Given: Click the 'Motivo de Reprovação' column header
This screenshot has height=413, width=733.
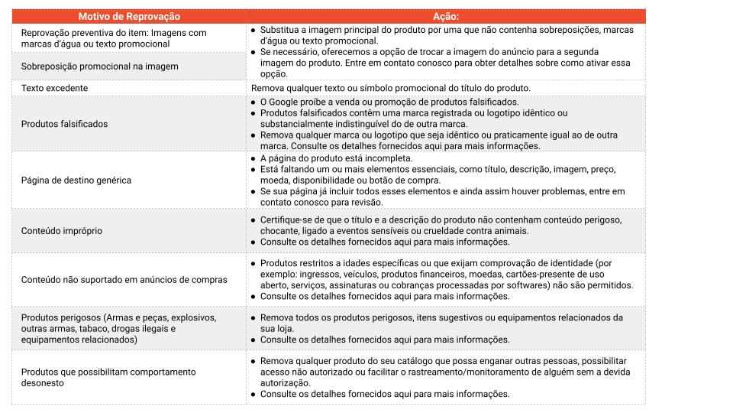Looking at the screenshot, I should [129, 16].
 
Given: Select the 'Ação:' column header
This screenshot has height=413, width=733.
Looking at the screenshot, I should [445, 16].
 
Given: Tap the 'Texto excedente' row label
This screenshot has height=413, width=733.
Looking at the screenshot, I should [55, 88].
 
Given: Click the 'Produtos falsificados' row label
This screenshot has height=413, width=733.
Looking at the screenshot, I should [65, 124].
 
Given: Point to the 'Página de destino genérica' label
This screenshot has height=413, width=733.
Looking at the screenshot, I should [76, 180].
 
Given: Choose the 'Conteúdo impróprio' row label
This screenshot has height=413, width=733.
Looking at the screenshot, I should [62, 230].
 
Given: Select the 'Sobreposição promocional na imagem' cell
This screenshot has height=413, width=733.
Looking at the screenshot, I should [100, 67].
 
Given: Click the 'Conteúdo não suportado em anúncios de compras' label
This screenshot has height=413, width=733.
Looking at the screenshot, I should [124, 280].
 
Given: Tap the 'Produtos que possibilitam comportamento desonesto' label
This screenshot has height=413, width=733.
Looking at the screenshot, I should [109, 377].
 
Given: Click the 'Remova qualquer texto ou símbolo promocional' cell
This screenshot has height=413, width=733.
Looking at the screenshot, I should [390, 88].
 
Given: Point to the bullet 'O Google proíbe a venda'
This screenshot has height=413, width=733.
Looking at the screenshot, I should [389, 102].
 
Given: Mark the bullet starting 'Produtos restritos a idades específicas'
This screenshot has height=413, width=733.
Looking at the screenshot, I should [447, 274].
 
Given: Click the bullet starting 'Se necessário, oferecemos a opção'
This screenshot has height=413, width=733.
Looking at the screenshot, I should [446, 63].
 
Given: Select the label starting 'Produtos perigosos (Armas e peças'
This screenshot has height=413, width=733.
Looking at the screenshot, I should [119, 328].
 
